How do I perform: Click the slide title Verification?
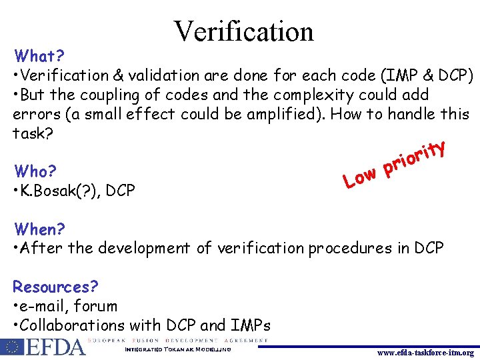[x=243, y=31]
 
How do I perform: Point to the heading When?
[x=40, y=229]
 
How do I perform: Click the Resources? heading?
[x=55, y=287]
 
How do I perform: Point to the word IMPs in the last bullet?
[x=250, y=325]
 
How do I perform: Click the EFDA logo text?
[x=57, y=347]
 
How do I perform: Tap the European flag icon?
[x=12, y=347]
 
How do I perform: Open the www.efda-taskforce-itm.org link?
[x=424, y=353]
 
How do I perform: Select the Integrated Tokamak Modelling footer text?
[x=178, y=349]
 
